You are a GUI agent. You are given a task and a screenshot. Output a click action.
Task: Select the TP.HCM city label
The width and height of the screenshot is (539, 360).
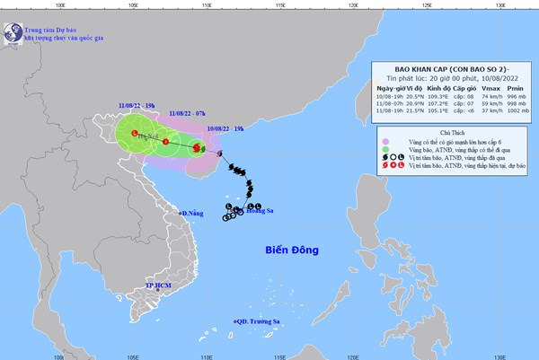(158, 285)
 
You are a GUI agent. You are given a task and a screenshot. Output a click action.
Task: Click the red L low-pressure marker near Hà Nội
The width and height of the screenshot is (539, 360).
(136, 134)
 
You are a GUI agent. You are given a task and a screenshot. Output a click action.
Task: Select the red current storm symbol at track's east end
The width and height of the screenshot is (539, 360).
(197, 147)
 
